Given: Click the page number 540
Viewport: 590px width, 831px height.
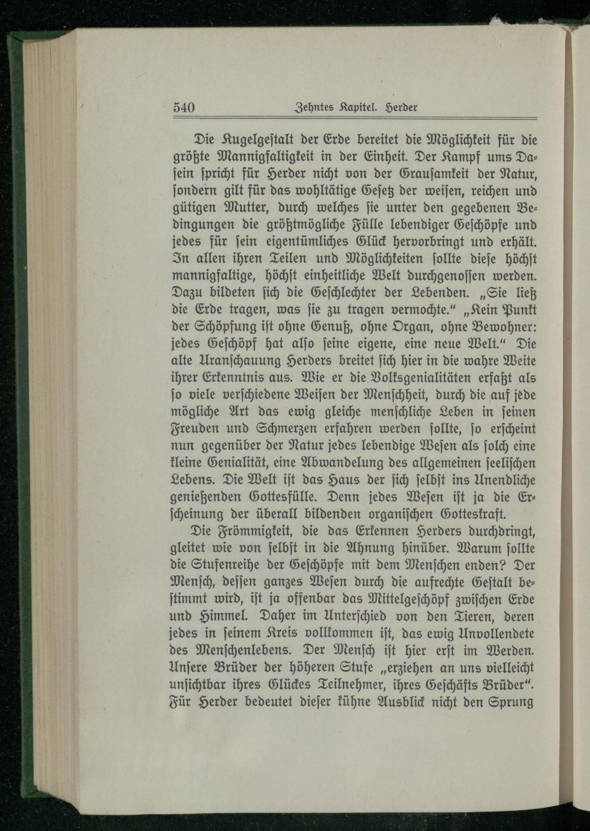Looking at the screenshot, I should pyautogui.click(x=184, y=108).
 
